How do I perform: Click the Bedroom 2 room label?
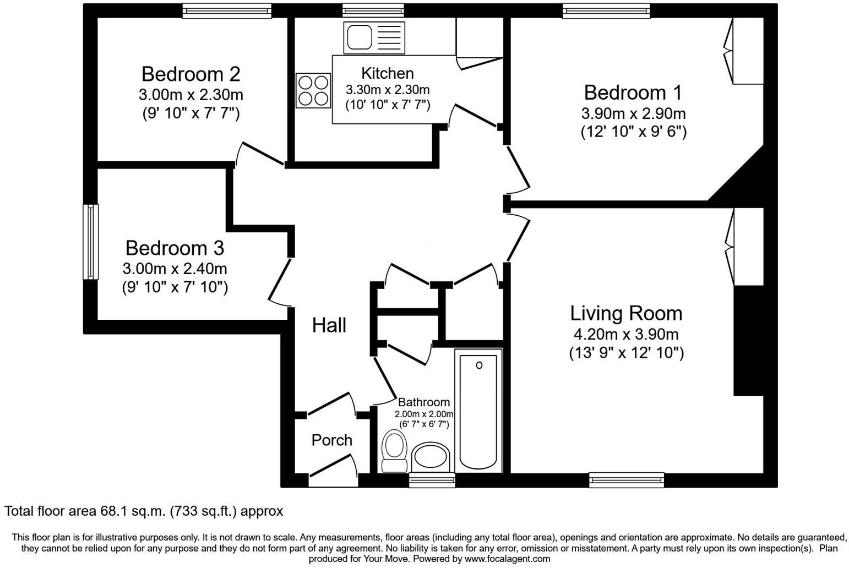coord(191,74)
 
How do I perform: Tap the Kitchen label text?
coord(388,73)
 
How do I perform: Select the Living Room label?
coord(626,313)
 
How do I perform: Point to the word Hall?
coord(329,325)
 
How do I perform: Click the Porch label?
coord(332,440)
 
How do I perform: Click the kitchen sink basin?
coord(360,37)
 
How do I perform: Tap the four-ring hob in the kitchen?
coord(313,91)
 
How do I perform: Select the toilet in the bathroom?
coord(395,451)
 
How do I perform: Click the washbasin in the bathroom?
coord(431,456)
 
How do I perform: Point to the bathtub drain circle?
coord(479,365)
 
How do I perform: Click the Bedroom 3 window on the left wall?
coord(91,242)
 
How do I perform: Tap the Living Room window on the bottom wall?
coord(627,480)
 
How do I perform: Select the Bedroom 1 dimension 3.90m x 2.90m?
coord(633,113)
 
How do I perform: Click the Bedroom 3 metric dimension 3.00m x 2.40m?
coord(175,269)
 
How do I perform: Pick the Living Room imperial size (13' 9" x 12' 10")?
coord(627,353)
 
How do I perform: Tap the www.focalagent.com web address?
coord(507,559)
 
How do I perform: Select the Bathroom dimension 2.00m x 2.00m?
coord(424,414)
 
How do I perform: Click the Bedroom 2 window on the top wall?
coord(227,11)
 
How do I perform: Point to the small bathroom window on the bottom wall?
coord(432,480)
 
